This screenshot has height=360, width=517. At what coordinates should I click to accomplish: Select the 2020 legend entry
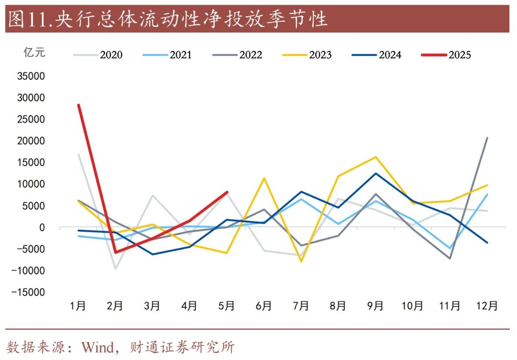point(98,55)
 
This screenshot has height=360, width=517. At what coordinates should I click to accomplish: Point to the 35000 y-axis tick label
point(31,76)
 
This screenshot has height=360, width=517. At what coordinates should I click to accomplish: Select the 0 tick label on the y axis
point(42,227)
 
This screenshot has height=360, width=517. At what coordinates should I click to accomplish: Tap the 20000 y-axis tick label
point(31,141)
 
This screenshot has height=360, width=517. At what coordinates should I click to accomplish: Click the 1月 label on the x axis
point(78,305)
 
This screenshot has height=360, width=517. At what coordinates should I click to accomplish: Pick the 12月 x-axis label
point(487,305)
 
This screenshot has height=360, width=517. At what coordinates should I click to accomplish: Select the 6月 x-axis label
point(264,305)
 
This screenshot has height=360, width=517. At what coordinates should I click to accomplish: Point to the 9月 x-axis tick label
point(375,305)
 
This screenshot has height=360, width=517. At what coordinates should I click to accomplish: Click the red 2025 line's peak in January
point(78,105)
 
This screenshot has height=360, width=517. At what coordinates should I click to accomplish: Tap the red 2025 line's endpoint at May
point(227,192)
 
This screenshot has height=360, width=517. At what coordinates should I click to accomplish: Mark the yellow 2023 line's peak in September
point(375,157)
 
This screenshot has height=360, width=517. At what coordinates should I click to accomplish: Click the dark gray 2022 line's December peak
point(487,138)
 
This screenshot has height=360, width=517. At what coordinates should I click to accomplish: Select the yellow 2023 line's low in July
point(301,261)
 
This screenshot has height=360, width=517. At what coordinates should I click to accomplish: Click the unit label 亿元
point(34,52)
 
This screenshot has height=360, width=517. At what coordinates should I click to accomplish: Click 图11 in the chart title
point(29,20)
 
